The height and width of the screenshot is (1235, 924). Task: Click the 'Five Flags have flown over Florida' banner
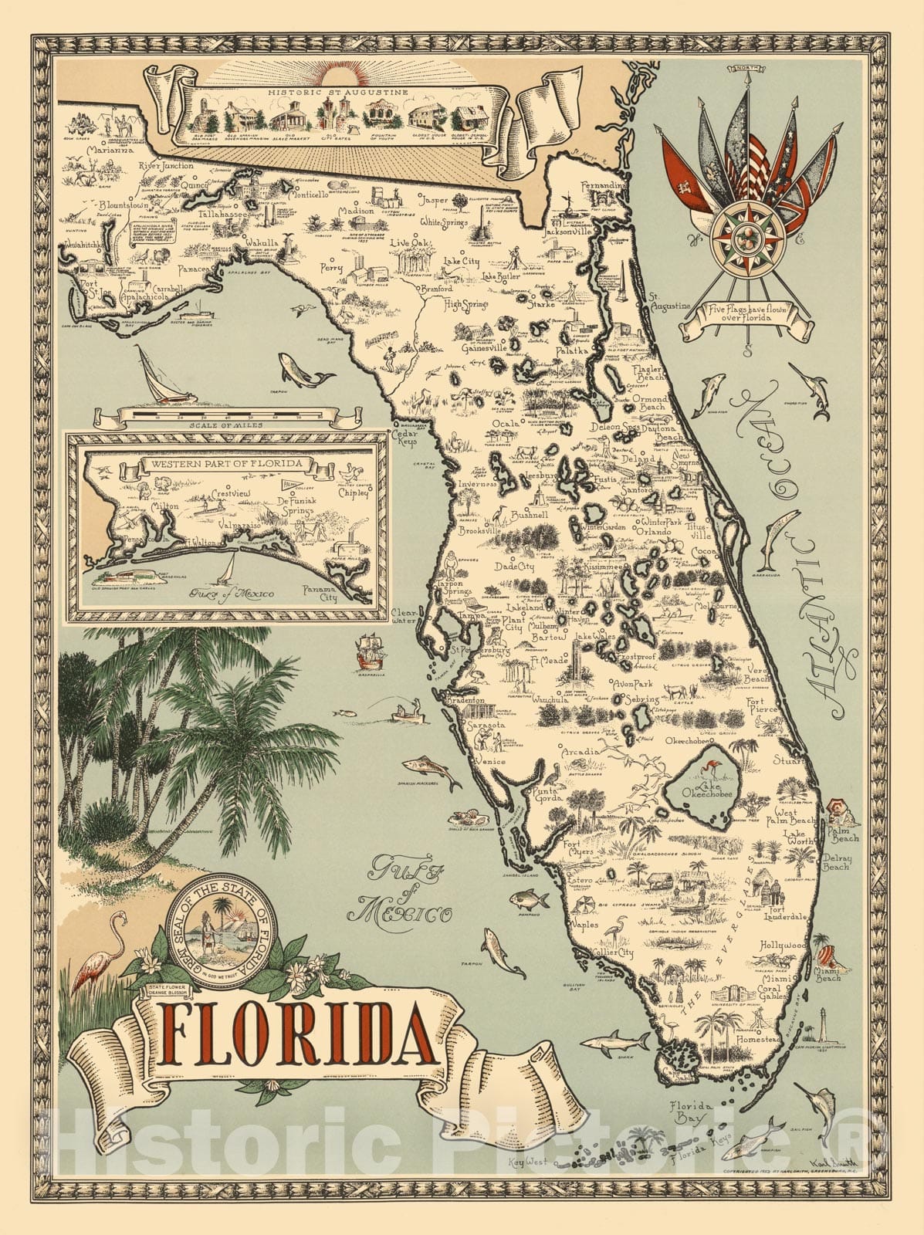(x=746, y=314)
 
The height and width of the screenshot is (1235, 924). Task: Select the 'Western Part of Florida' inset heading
(x=226, y=465)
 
